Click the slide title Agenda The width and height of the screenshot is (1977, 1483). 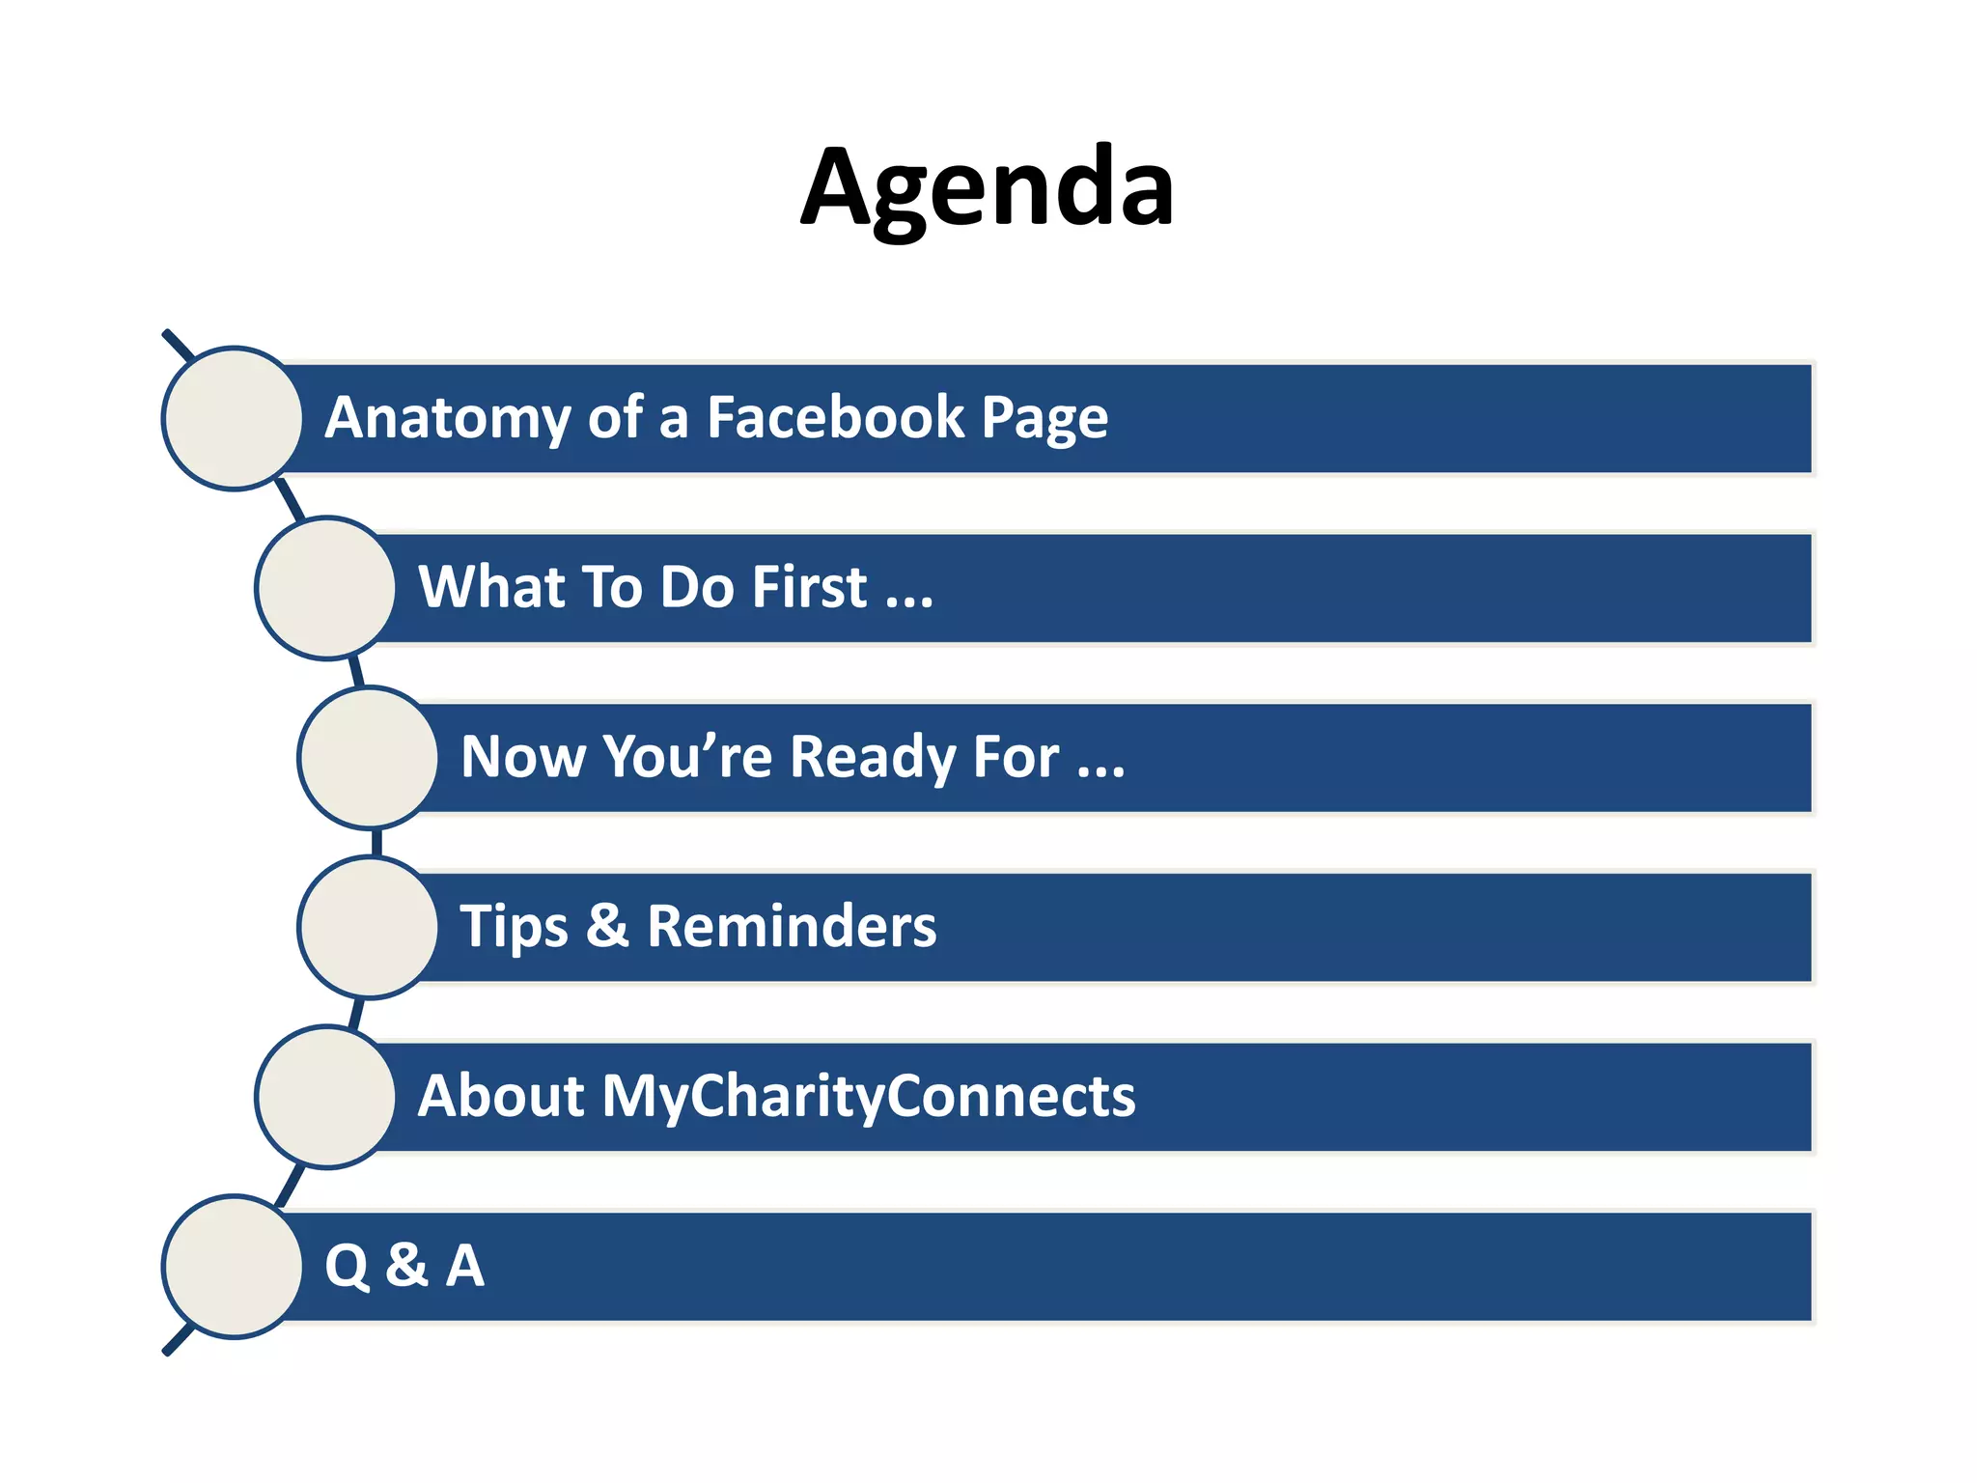[988, 188]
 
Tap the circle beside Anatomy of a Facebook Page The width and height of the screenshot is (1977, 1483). [233, 418]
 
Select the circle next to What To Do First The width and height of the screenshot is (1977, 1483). [326, 588]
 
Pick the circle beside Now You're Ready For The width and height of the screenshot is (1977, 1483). [369, 757]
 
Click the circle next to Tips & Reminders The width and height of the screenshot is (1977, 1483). [369, 927]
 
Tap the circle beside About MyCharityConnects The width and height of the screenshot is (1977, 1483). [326, 1097]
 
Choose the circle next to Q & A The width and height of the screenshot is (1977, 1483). [233, 1267]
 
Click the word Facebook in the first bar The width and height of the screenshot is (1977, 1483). [835, 417]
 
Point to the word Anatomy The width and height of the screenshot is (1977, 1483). [448, 419]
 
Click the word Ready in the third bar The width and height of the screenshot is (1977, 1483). [873, 757]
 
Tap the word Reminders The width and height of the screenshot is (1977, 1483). [792, 926]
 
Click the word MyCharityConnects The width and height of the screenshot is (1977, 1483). [869, 1097]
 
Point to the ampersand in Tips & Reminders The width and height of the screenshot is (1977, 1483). [607, 926]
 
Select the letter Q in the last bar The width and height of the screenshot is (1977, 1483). [347, 1267]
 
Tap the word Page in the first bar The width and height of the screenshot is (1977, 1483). [1044, 419]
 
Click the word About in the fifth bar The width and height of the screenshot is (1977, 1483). [501, 1096]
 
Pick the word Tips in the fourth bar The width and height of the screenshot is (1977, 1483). [514, 927]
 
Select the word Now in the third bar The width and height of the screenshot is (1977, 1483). [522, 757]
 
